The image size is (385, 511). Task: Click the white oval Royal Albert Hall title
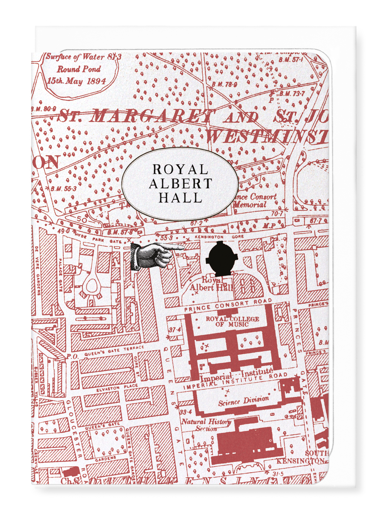click(x=180, y=184)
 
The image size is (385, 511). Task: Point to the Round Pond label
click(x=79, y=69)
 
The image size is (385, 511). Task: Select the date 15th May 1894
click(x=76, y=81)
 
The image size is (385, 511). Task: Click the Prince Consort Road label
click(x=228, y=305)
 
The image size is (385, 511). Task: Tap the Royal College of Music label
click(x=232, y=321)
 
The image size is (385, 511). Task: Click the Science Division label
click(x=243, y=401)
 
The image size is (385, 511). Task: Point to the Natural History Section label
click(x=206, y=424)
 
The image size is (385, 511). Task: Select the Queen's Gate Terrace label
click(x=114, y=351)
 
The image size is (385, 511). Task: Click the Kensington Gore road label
click(x=214, y=237)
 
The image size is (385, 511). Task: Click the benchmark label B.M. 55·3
click(x=63, y=189)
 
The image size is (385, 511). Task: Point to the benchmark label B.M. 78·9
click(x=224, y=84)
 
